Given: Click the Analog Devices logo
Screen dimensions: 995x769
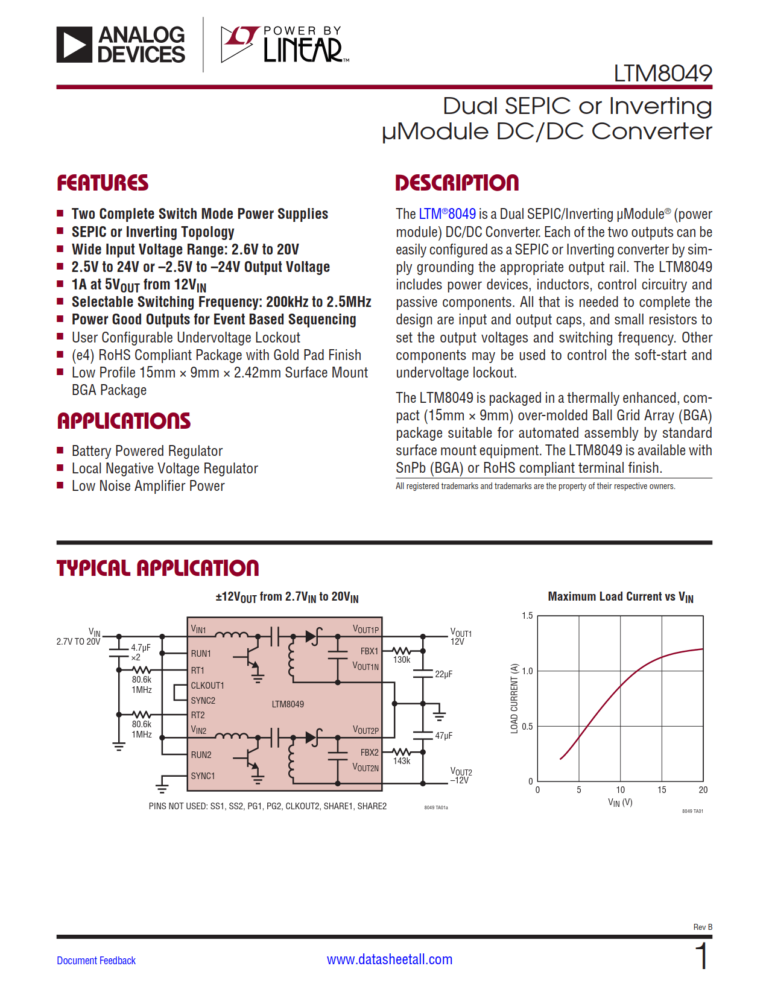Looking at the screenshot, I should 121,45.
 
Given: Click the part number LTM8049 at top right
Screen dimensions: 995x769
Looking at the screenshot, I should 662,74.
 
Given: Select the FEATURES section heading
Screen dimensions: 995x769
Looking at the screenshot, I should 103,183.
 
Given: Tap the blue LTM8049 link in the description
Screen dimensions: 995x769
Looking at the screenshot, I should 447,214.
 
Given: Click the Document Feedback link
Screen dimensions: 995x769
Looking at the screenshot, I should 96,961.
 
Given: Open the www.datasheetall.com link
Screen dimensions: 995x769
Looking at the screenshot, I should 389,959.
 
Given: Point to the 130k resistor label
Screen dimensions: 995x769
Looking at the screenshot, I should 402,660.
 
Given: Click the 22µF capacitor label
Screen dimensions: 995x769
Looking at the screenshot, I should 443,674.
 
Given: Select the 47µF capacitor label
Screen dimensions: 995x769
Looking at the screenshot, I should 443,736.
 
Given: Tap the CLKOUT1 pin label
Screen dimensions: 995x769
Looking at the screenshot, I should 207,686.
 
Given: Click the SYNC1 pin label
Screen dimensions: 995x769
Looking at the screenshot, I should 203,776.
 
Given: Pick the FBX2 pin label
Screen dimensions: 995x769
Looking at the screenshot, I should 369,753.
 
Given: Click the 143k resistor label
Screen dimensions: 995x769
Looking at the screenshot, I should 402,762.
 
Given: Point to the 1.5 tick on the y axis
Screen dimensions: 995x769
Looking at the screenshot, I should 527,616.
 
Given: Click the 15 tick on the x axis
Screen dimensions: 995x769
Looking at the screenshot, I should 662,790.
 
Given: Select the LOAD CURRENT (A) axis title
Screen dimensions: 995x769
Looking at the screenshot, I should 514,698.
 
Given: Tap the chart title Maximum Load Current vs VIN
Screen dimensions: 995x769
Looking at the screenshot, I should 620,597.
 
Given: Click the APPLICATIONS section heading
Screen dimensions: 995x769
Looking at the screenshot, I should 124,421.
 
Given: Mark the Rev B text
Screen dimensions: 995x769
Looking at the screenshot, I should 703,927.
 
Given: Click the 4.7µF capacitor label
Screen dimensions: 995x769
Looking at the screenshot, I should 141,648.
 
